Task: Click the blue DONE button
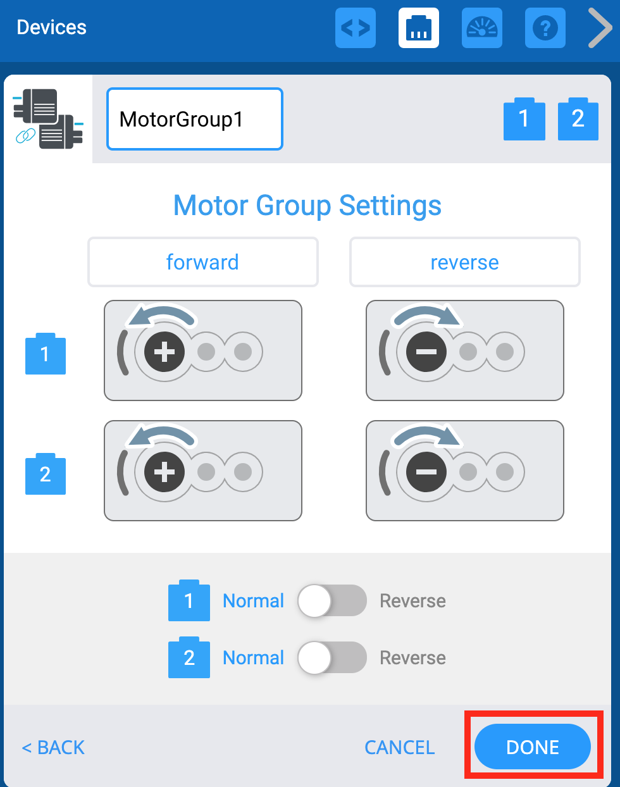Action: pyautogui.click(x=532, y=747)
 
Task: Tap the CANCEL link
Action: pyautogui.click(x=399, y=747)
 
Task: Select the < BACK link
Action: pyautogui.click(x=53, y=747)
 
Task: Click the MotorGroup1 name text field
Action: pyautogui.click(x=194, y=119)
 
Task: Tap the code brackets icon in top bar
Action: pyautogui.click(x=355, y=28)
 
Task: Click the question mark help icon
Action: pyautogui.click(x=545, y=28)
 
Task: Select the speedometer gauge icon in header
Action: pyautogui.click(x=481, y=28)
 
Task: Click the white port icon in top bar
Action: pyautogui.click(x=418, y=28)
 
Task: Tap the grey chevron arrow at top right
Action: pyautogui.click(x=599, y=28)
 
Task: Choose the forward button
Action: pyautogui.click(x=202, y=262)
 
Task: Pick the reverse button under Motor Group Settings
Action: pyautogui.click(x=464, y=262)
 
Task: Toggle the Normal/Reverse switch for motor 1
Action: pyautogui.click(x=332, y=600)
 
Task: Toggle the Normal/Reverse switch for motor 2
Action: pyautogui.click(x=332, y=657)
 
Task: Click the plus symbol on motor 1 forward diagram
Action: pyautogui.click(x=164, y=352)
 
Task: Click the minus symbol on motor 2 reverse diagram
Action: pyautogui.click(x=426, y=472)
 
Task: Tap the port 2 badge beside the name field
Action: pyautogui.click(x=578, y=119)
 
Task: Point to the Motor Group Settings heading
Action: pyautogui.click(x=307, y=206)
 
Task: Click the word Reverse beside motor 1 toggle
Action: pyautogui.click(x=412, y=600)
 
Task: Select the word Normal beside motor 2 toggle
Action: pyautogui.click(x=253, y=657)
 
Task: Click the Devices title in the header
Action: pyautogui.click(x=51, y=27)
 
